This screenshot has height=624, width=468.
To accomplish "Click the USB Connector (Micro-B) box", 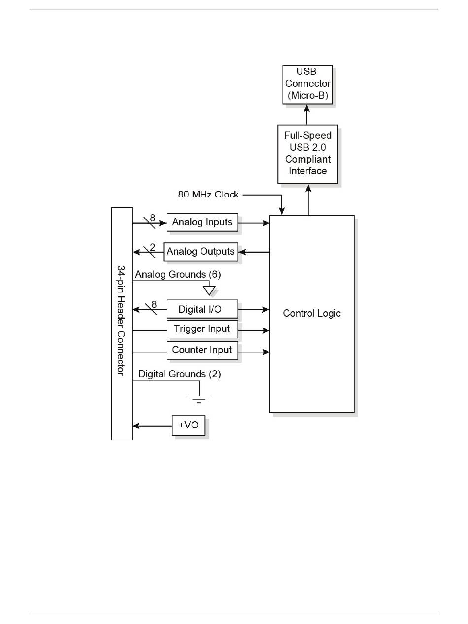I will [x=307, y=84].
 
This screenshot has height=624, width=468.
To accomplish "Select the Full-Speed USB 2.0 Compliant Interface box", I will [x=307, y=154].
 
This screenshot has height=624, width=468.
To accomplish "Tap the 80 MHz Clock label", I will [x=208, y=195].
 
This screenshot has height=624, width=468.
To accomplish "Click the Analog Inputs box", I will [x=202, y=222].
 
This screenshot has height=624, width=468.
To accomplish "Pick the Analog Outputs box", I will [x=201, y=252].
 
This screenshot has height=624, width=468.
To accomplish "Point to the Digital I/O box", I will [x=202, y=309].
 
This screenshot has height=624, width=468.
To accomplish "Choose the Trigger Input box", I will [x=202, y=329].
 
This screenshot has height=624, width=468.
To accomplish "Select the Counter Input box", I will [x=202, y=351].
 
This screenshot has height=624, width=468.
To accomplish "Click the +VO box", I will [x=188, y=425].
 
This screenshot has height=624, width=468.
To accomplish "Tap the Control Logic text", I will [x=312, y=313].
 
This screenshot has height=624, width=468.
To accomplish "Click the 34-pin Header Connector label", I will [x=121, y=321].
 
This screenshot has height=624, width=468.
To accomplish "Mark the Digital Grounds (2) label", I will [x=180, y=374].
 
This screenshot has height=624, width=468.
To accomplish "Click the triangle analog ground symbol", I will [x=209, y=290].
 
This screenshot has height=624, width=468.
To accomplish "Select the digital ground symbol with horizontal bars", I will [x=199, y=398].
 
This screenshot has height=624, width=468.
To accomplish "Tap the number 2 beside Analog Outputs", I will [x=153, y=247].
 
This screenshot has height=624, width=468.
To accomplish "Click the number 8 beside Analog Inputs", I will [x=153, y=217].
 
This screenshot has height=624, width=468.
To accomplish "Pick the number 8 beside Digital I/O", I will [x=154, y=305].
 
